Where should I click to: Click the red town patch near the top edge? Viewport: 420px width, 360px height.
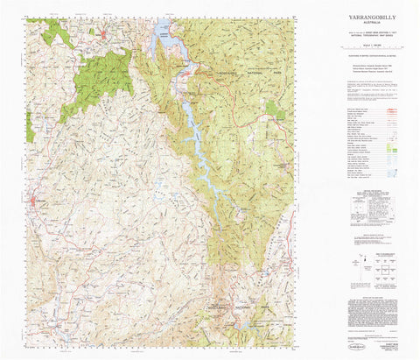click(x=103, y=36)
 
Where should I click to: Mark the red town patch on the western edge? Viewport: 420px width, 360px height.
click(x=35, y=205)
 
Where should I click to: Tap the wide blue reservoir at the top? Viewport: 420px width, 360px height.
click(x=164, y=35)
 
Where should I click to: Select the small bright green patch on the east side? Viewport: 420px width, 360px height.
click(x=276, y=109)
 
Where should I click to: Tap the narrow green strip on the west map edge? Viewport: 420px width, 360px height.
click(x=29, y=127)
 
